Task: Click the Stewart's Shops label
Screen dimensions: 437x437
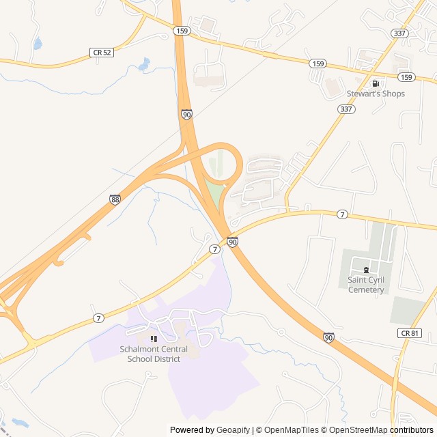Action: pyautogui.click(x=376, y=94)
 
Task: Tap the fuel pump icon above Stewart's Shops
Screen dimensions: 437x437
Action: pyautogui.click(x=375, y=83)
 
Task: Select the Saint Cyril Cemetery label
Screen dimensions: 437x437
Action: pyautogui.click(x=366, y=285)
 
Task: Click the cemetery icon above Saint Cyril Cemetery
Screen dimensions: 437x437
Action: pyautogui.click(x=366, y=270)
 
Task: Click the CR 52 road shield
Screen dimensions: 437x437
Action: pyautogui.click(x=100, y=52)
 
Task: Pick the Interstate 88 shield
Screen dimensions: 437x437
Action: pyautogui.click(x=114, y=199)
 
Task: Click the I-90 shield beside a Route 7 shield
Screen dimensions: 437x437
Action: pyautogui.click(x=232, y=242)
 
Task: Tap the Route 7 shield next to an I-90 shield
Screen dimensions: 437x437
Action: pyautogui.click(x=215, y=249)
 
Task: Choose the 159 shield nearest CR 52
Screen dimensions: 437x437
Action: pyautogui.click(x=181, y=31)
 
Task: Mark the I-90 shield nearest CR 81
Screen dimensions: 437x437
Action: pyautogui.click(x=329, y=337)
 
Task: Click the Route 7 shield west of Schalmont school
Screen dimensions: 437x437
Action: pyautogui.click(x=99, y=319)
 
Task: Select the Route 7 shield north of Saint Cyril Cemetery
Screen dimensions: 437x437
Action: pyautogui.click(x=342, y=214)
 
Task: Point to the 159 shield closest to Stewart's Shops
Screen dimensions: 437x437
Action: pyautogui.click(x=406, y=77)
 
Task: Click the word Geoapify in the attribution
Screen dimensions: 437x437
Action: pyautogui.click(x=234, y=430)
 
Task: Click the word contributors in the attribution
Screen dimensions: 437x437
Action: pyautogui.click(x=412, y=430)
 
